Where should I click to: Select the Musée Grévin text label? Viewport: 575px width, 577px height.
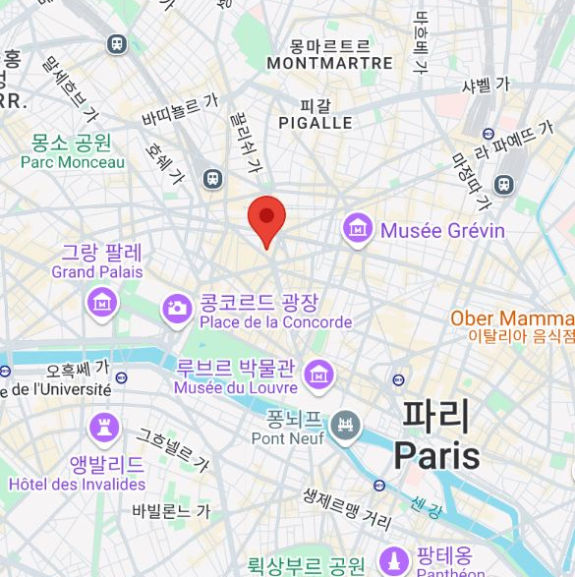click(x=441, y=231)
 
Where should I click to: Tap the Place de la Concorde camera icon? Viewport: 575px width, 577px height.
click(x=178, y=308)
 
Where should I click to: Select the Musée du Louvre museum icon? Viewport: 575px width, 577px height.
click(x=318, y=374)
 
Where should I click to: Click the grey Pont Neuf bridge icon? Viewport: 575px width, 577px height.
click(x=345, y=426)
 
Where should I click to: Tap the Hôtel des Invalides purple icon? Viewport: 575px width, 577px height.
click(x=102, y=428)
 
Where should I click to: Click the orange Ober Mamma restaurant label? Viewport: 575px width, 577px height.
click(x=512, y=318)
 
